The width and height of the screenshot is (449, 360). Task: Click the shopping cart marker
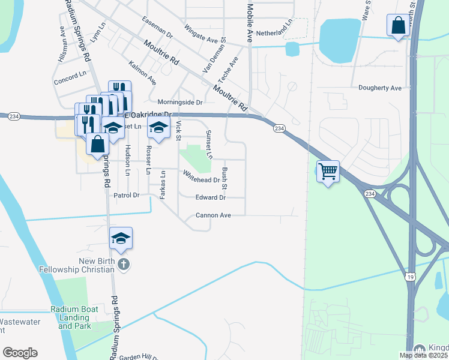(x=328, y=171)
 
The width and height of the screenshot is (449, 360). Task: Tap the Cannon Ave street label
(x=213, y=215)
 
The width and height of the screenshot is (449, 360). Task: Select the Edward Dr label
(x=210, y=197)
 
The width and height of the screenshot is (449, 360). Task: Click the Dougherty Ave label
(x=379, y=88)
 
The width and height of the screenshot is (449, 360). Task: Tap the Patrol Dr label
(x=126, y=195)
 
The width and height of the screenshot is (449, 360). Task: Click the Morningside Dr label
(x=180, y=102)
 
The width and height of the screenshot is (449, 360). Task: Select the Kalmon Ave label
(x=143, y=71)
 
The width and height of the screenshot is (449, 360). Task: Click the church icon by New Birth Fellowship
(x=123, y=265)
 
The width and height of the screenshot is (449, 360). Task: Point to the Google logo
(x=20, y=353)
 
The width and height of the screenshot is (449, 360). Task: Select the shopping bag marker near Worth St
(x=398, y=26)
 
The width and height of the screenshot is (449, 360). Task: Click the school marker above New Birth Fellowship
(x=121, y=238)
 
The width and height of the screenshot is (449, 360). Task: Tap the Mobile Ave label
(x=250, y=22)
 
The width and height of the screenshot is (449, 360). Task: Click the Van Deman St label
(x=214, y=55)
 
